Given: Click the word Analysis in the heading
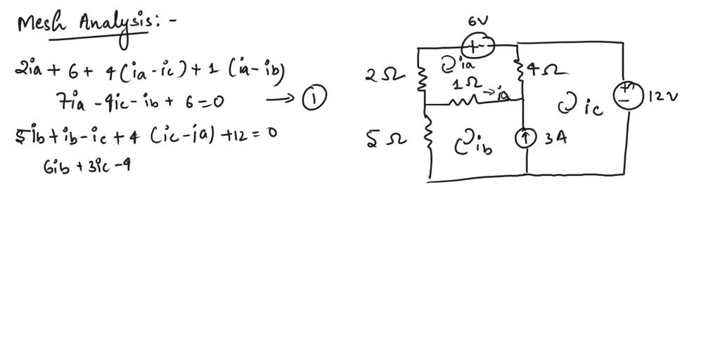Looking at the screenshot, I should (x=113, y=25).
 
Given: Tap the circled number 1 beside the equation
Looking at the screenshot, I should (x=314, y=100).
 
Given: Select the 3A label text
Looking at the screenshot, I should (x=558, y=139).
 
